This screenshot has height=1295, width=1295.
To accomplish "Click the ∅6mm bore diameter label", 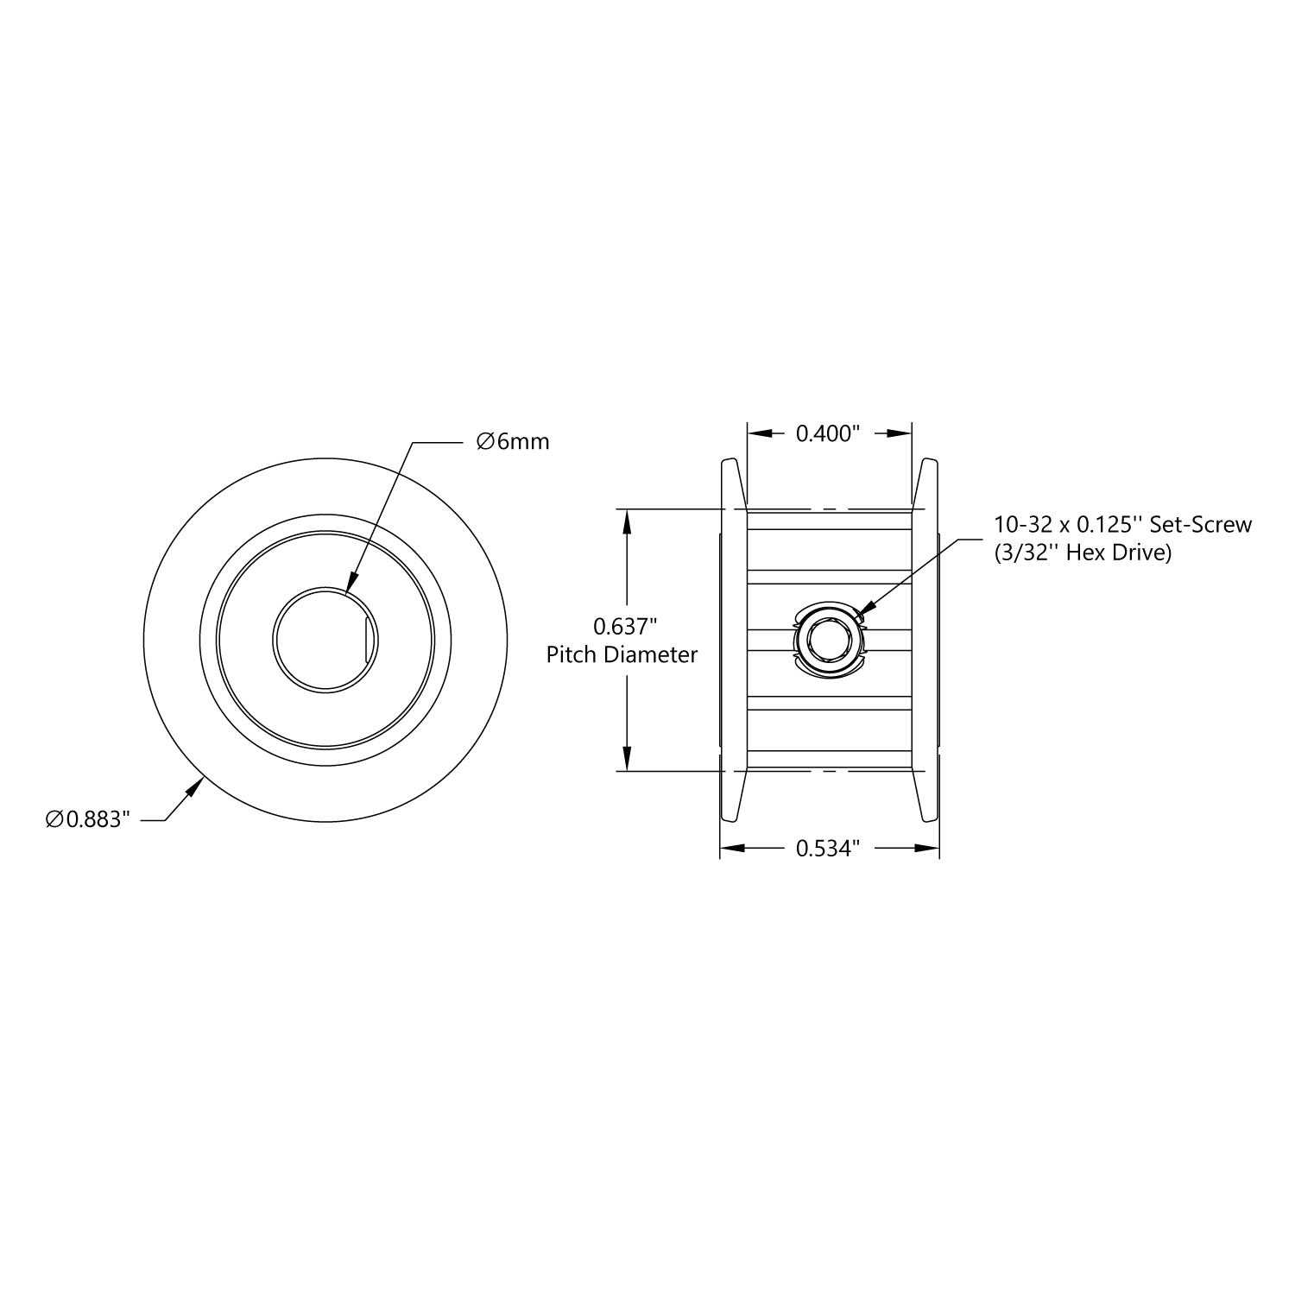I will pos(513,442).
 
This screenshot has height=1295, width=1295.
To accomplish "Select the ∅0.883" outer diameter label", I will pos(87,819).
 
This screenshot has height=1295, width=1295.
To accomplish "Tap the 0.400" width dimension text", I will pos(828,433).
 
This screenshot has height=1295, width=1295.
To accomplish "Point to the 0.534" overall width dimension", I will pos(828,849).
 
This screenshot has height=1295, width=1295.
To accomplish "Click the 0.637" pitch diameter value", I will pos(622,625).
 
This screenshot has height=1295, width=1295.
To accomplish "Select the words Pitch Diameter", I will pos(622,654).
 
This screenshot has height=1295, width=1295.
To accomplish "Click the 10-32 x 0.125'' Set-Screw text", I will pos(1122,524).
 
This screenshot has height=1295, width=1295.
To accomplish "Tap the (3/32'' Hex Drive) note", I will pos(1083,553).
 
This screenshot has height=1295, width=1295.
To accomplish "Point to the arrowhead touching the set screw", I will pos(864,611).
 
